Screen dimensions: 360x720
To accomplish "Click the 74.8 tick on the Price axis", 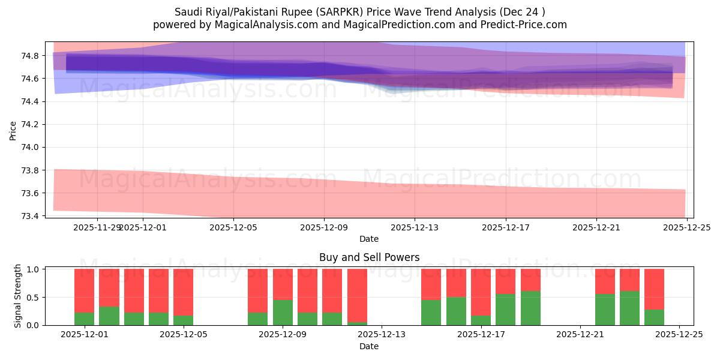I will (x=31, y=56).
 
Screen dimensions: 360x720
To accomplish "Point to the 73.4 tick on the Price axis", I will (x=31, y=216).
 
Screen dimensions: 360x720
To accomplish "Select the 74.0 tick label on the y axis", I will (x=31, y=148).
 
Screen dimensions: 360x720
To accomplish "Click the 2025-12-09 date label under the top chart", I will (x=324, y=228).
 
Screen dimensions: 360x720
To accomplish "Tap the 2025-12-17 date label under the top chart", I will (x=506, y=228).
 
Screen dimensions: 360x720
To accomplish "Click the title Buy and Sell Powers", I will (x=369, y=258).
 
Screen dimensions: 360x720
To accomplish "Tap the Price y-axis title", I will (x=13, y=130).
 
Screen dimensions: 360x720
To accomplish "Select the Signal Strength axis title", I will (x=18, y=296).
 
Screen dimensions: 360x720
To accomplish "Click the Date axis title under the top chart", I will (x=369, y=239).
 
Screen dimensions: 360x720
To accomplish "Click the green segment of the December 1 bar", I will (x=84, y=319).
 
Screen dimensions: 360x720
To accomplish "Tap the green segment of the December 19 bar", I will (x=530, y=308).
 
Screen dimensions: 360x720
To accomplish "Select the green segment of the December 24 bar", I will (x=654, y=317).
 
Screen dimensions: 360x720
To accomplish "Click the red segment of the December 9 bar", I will (x=283, y=284).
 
